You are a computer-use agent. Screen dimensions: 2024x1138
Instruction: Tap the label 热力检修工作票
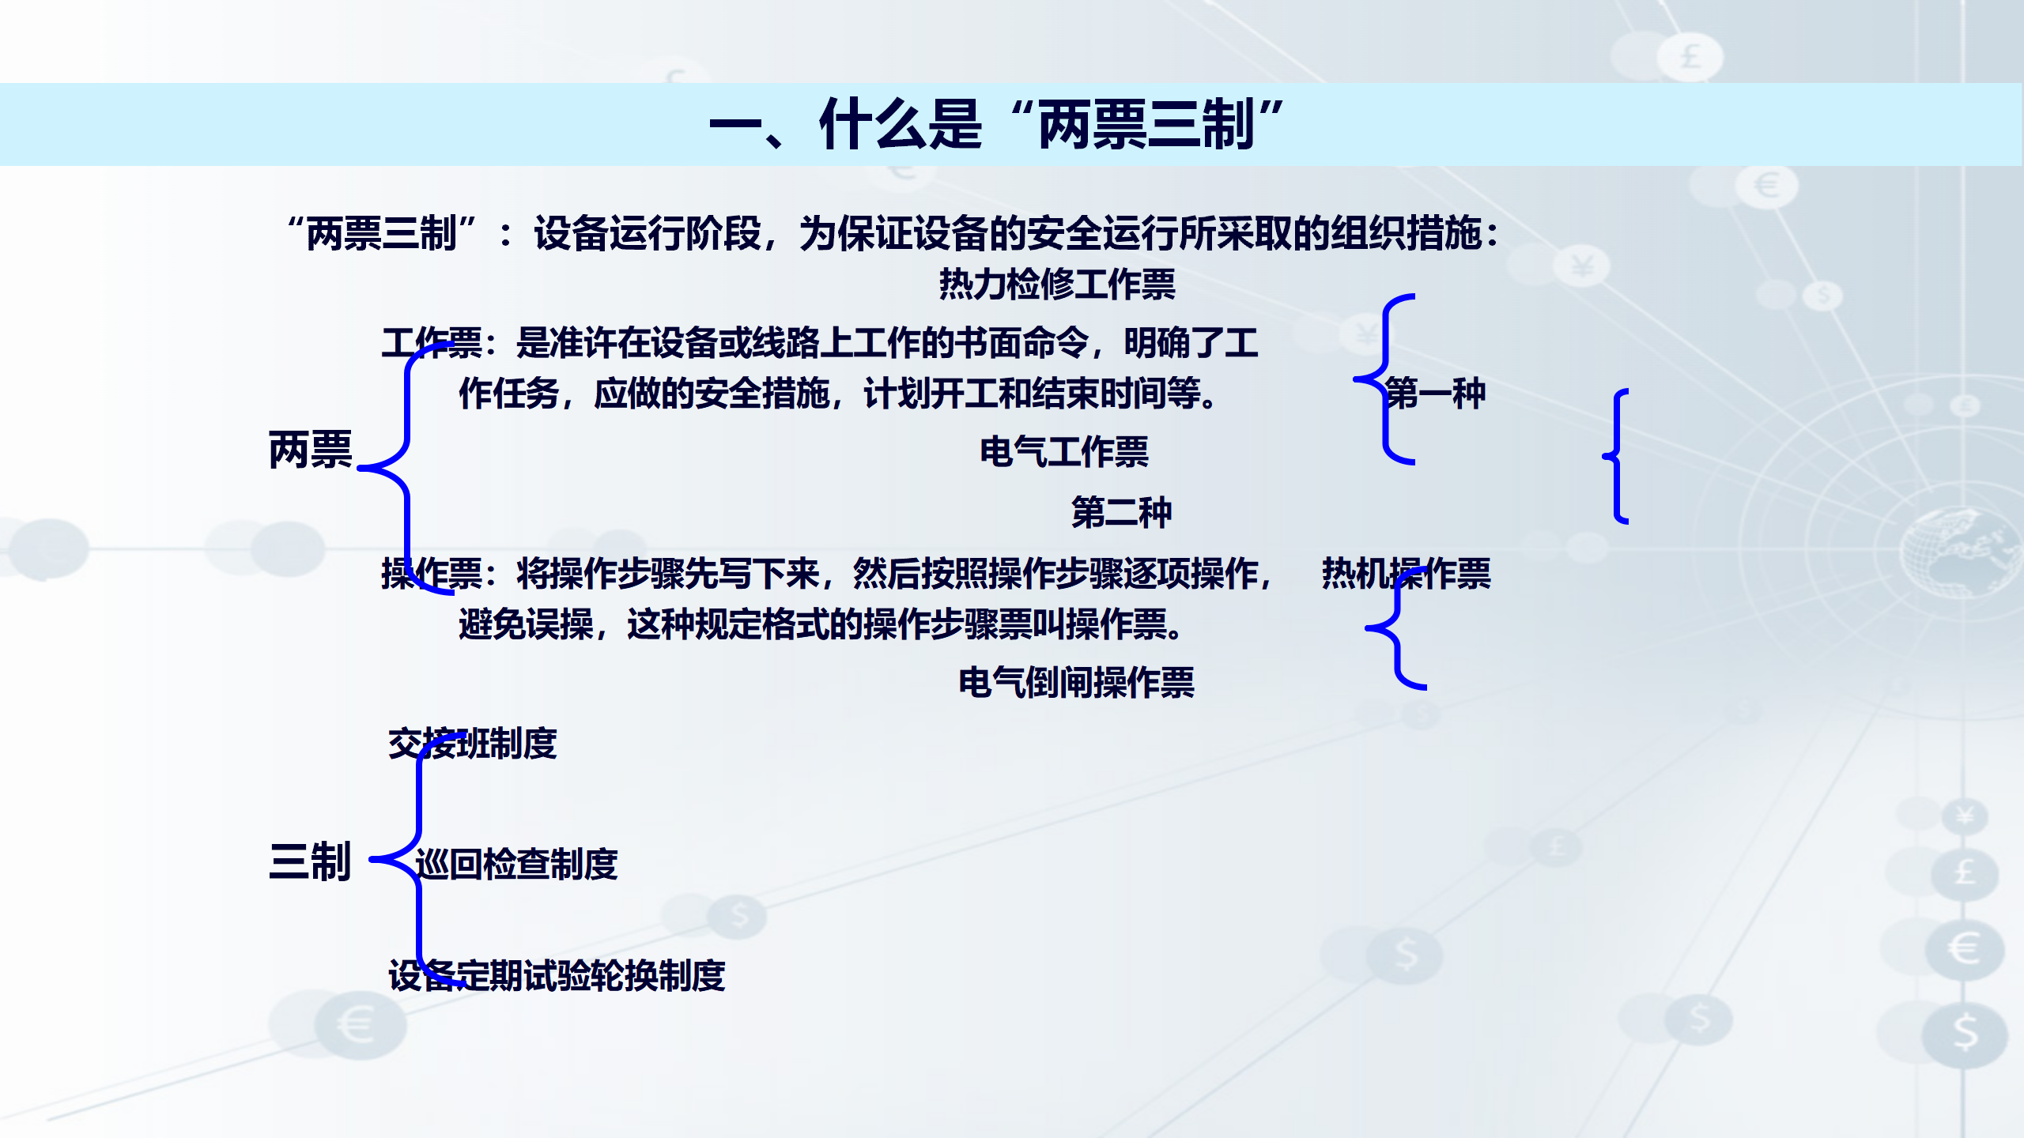click(1057, 284)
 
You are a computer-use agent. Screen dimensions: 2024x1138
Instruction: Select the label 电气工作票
click(1064, 452)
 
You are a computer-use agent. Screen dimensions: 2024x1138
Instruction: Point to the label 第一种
click(1436, 393)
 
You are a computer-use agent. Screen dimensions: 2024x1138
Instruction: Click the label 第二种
click(1121, 511)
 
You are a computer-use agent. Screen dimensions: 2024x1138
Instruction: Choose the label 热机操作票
click(1407, 573)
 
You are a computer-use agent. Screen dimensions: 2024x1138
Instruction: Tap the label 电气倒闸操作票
click(1076, 682)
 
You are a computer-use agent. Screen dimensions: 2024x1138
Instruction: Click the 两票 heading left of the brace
click(311, 450)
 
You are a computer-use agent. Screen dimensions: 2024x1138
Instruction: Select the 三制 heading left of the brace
click(310, 861)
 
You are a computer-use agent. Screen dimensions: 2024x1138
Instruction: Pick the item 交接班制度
click(473, 744)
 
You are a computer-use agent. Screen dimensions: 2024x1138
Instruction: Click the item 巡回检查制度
click(516, 864)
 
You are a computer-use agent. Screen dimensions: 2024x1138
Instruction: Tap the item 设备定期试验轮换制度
click(557, 975)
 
